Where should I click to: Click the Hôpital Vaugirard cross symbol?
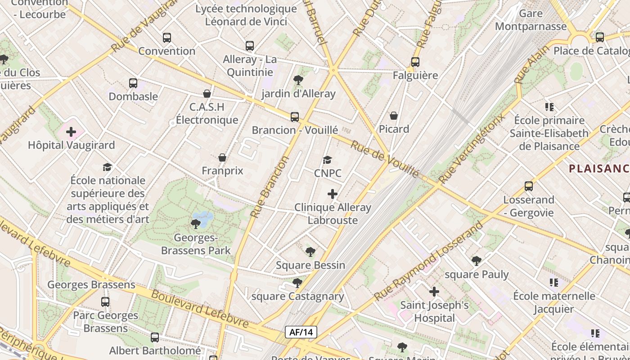[71, 132]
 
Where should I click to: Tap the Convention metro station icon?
[167, 38]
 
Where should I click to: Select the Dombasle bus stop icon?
[133, 83]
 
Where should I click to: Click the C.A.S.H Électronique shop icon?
[207, 94]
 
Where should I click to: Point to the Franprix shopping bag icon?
[222, 157]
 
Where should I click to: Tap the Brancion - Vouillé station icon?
[295, 117]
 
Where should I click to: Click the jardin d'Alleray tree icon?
[298, 81]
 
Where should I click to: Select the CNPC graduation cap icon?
[328, 160]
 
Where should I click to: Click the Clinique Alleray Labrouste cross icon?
[333, 194]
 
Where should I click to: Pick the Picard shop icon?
[394, 116]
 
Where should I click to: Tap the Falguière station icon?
[415, 62]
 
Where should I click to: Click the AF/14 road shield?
[301, 332]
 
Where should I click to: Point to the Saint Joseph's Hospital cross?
[434, 292]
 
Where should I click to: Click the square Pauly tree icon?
[477, 261]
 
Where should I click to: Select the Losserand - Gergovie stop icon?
[529, 186]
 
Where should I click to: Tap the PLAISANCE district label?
[598, 169]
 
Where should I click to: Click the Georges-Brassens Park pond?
[204, 219]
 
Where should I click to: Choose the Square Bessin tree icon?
[310, 252]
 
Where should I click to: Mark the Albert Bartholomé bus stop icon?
[155, 337]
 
